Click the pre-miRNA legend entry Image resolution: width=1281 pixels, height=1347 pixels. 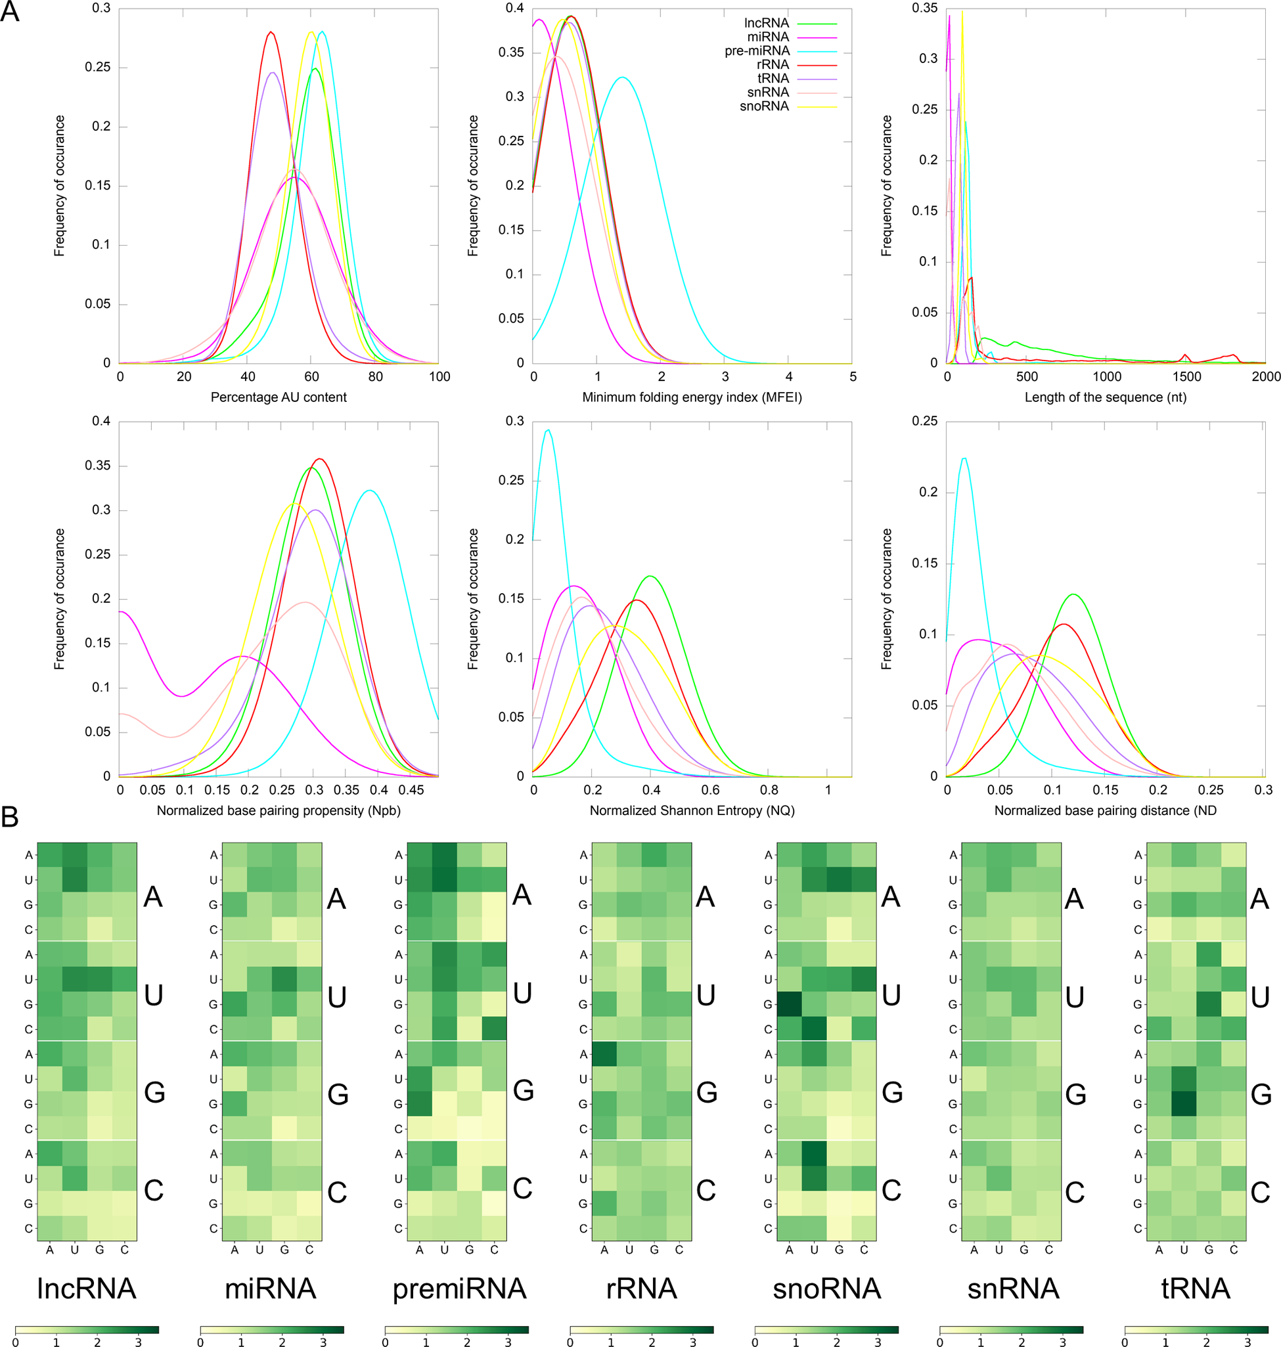(757, 51)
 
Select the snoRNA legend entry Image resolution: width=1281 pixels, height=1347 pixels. (764, 106)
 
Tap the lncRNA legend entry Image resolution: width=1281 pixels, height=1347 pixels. (766, 23)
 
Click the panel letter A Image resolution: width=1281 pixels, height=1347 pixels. (10, 12)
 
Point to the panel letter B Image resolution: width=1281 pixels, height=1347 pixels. (10, 817)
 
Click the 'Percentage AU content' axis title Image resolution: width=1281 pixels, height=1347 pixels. (279, 397)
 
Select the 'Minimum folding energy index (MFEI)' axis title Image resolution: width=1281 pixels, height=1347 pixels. (692, 397)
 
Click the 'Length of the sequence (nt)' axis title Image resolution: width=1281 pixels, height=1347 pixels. (1105, 397)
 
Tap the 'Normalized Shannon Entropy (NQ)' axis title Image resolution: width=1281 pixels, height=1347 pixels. (692, 810)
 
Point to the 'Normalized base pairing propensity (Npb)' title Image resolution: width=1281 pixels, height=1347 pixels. (279, 810)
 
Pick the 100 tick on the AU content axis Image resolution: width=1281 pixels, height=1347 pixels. (439, 377)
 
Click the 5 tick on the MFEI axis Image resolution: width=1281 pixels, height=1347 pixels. (853, 377)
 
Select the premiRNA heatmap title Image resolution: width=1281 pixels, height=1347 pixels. (459, 1289)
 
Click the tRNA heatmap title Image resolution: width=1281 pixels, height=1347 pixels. (1195, 1289)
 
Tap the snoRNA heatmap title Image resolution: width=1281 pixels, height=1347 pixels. (826, 1289)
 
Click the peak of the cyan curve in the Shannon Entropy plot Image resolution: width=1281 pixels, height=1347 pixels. (548, 430)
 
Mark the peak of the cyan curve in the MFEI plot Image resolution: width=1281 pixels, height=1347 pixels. (622, 77)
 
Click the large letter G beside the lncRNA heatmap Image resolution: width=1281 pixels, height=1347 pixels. (154, 1093)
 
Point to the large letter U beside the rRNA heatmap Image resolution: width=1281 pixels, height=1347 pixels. (706, 996)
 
